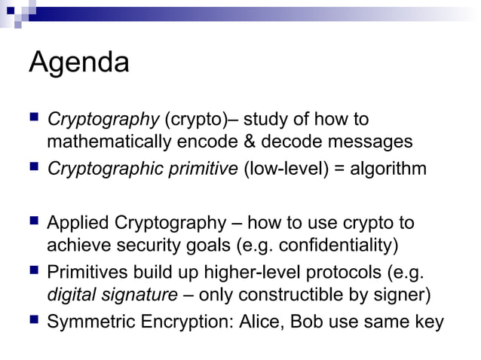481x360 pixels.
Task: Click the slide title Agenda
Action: pos(78,63)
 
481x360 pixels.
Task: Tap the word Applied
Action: pos(78,224)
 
